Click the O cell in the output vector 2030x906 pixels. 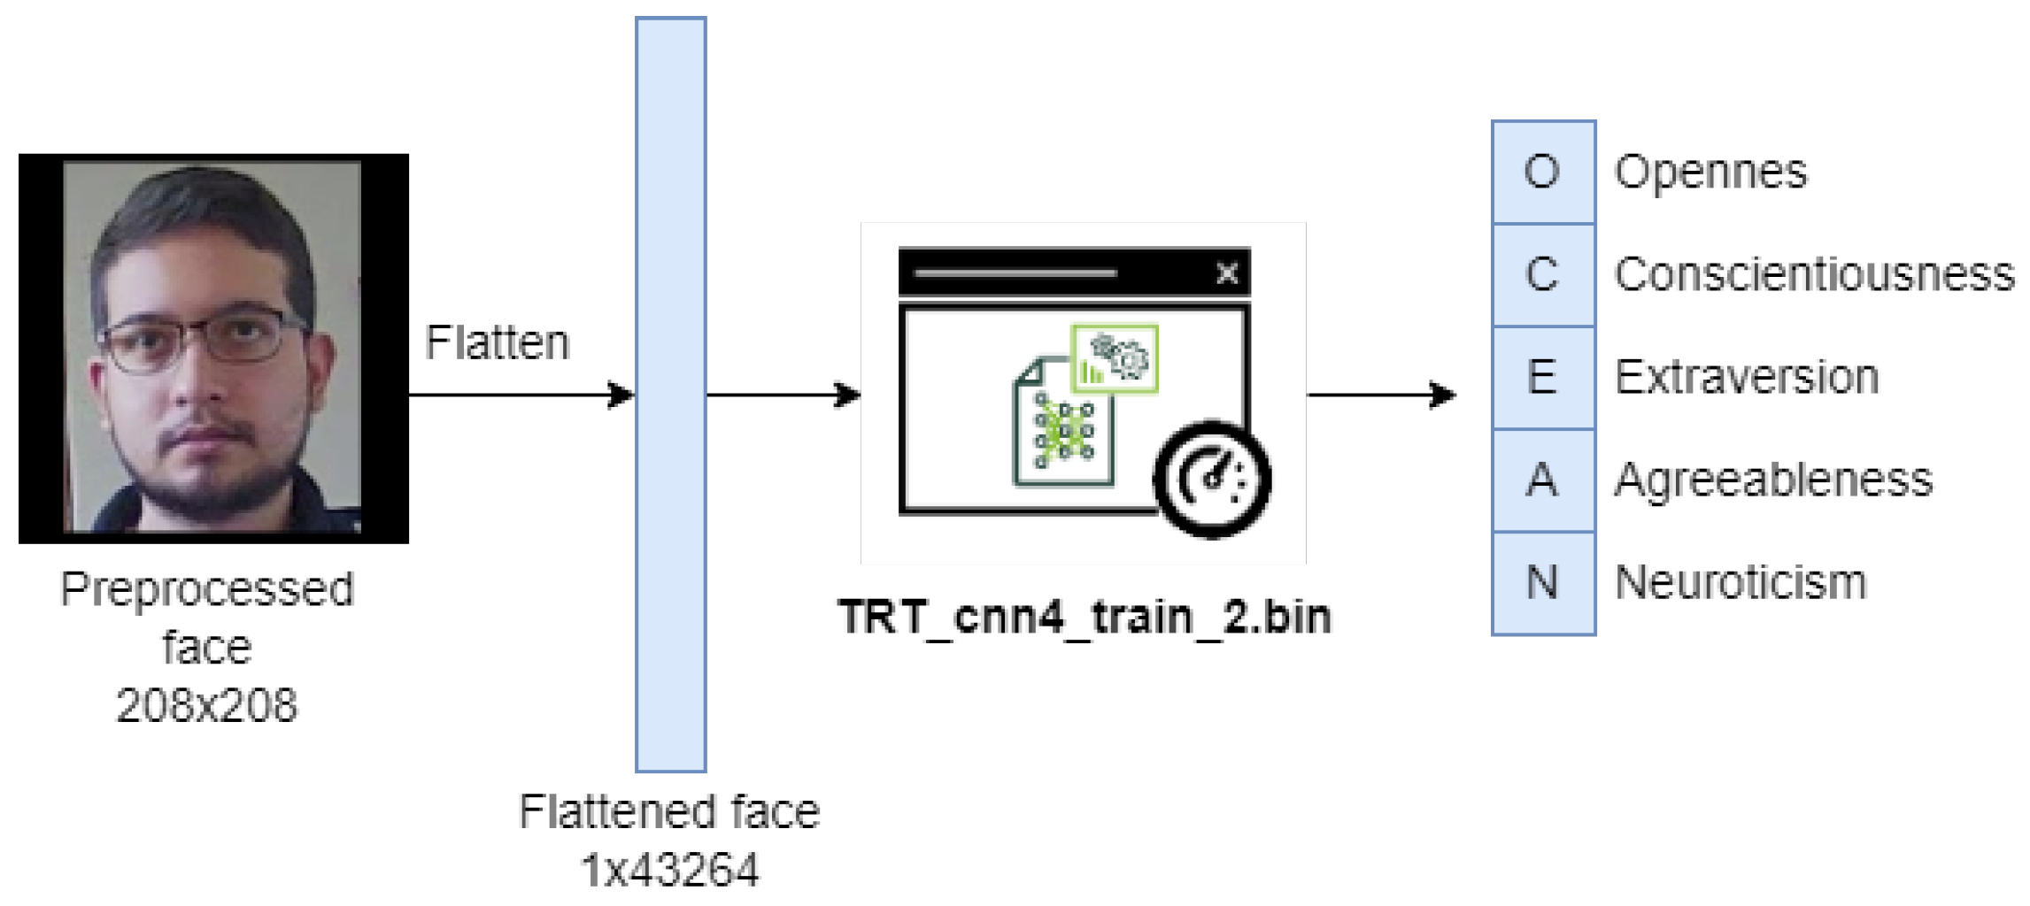(1543, 172)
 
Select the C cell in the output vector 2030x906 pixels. (1543, 274)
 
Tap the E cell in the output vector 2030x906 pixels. (1543, 377)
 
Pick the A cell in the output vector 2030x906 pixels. (1543, 480)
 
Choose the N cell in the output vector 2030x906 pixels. (1543, 583)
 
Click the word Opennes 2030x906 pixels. (1710, 172)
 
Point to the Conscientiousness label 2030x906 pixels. (1814, 274)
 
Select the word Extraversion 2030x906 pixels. (1747, 377)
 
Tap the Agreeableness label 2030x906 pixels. (1773, 480)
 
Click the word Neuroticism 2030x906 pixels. (1741, 583)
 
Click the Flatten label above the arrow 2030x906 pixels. (497, 342)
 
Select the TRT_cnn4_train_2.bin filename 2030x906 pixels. (1084, 617)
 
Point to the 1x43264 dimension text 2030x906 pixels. (670, 870)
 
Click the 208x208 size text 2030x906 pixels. (207, 705)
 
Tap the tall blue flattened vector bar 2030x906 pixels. (671, 394)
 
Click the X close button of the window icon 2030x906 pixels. (1227, 273)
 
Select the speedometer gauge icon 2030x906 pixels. (1213, 480)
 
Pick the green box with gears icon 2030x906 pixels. (1115, 358)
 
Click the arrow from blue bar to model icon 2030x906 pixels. (783, 395)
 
